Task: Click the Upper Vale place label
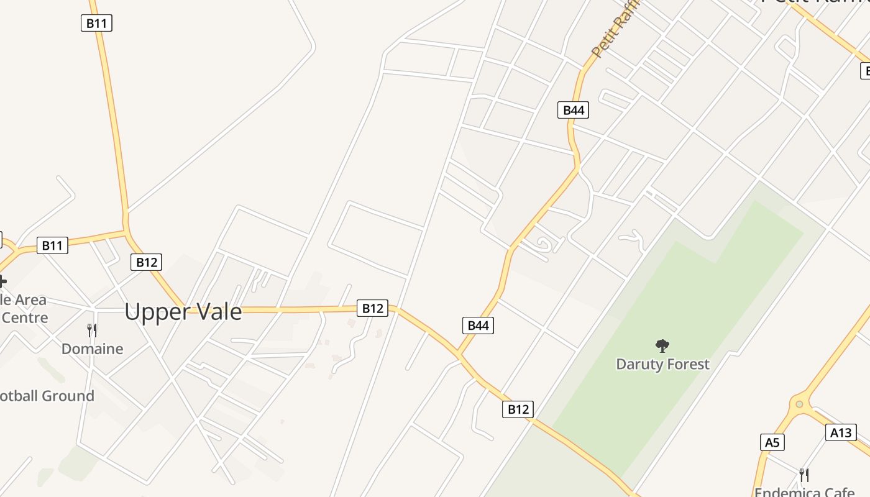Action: [183, 311]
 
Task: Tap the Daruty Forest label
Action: [662, 364]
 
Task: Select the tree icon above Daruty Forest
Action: [662, 345]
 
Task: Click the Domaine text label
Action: [92, 349]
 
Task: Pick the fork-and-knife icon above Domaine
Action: [92, 330]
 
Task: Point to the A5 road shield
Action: [772, 442]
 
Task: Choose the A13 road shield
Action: [841, 432]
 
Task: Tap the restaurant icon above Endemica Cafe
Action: [804, 475]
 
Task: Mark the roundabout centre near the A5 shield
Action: [799, 404]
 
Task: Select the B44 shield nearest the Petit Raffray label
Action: [573, 110]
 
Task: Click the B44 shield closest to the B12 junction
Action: [478, 325]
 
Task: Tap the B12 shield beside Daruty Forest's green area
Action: [518, 409]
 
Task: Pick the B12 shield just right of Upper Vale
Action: [372, 308]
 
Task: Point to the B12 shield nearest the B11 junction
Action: [147, 262]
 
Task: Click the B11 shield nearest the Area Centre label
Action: [52, 245]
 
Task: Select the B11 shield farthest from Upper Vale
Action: [96, 24]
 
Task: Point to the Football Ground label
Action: [46, 396]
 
